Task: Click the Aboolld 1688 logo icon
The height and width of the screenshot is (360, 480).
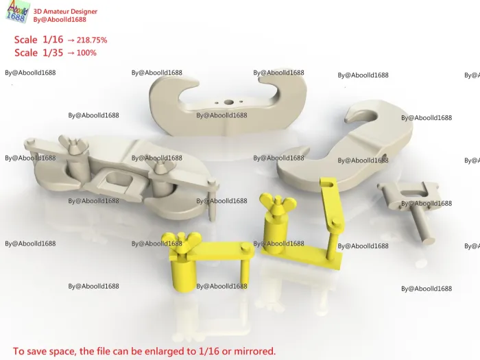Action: (x=18, y=12)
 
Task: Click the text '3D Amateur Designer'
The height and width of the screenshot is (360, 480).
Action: (x=65, y=12)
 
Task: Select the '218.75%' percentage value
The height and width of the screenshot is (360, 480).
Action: (x=92, y=40)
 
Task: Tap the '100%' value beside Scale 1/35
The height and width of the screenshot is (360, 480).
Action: (x=86, y=53)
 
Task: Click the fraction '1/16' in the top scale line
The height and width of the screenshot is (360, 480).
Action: (x=53, y=40)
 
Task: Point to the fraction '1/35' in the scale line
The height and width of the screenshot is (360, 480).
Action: (x=53, y=53)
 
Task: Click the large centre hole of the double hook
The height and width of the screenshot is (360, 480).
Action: (x=228, y=102)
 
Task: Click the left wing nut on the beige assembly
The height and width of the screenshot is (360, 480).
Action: (x=73, y=143)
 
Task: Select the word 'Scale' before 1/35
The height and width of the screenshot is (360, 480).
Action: (x=26, y=53)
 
